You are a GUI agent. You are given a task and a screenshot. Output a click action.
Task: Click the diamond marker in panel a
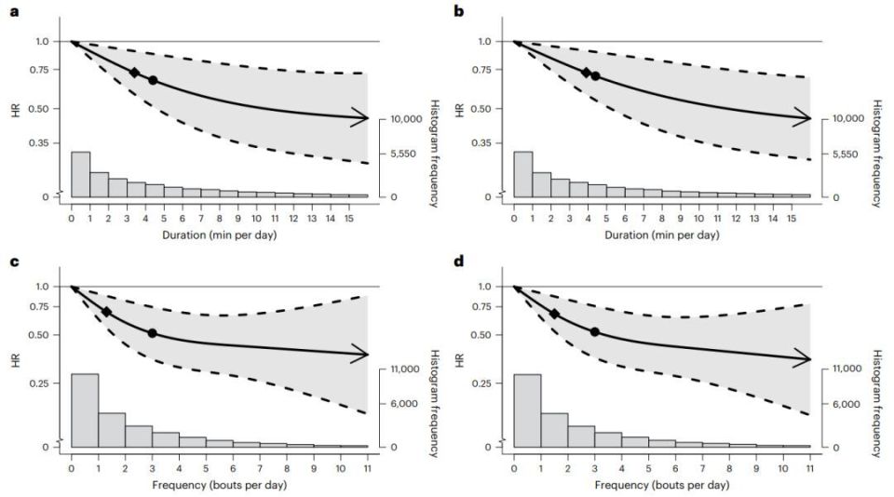(x=134, y=73)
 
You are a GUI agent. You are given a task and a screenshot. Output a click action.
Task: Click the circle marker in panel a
(x=153, y=81)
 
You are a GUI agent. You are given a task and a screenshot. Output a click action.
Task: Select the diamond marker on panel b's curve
(x=586, y=73)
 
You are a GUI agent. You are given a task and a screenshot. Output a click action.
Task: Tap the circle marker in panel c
(x=152, y=332)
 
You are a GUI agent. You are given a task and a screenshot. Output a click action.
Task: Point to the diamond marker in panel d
(x=554, y=315)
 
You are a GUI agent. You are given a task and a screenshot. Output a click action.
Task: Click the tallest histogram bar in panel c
(x=85, y=410)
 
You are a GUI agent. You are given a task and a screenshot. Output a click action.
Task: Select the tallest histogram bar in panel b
(x=523, y=173)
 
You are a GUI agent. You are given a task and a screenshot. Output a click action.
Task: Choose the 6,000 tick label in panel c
(x=403, y=404)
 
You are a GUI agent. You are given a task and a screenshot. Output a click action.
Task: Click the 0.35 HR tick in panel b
(x=485, y=142)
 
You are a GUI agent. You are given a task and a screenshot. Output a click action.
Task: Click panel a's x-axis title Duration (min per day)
(x=220, y=235)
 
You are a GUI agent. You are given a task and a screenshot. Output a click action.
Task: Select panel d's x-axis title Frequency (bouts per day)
(x=662, y=484)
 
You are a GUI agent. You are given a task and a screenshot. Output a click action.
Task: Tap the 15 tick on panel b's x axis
(x=792, y=218)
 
